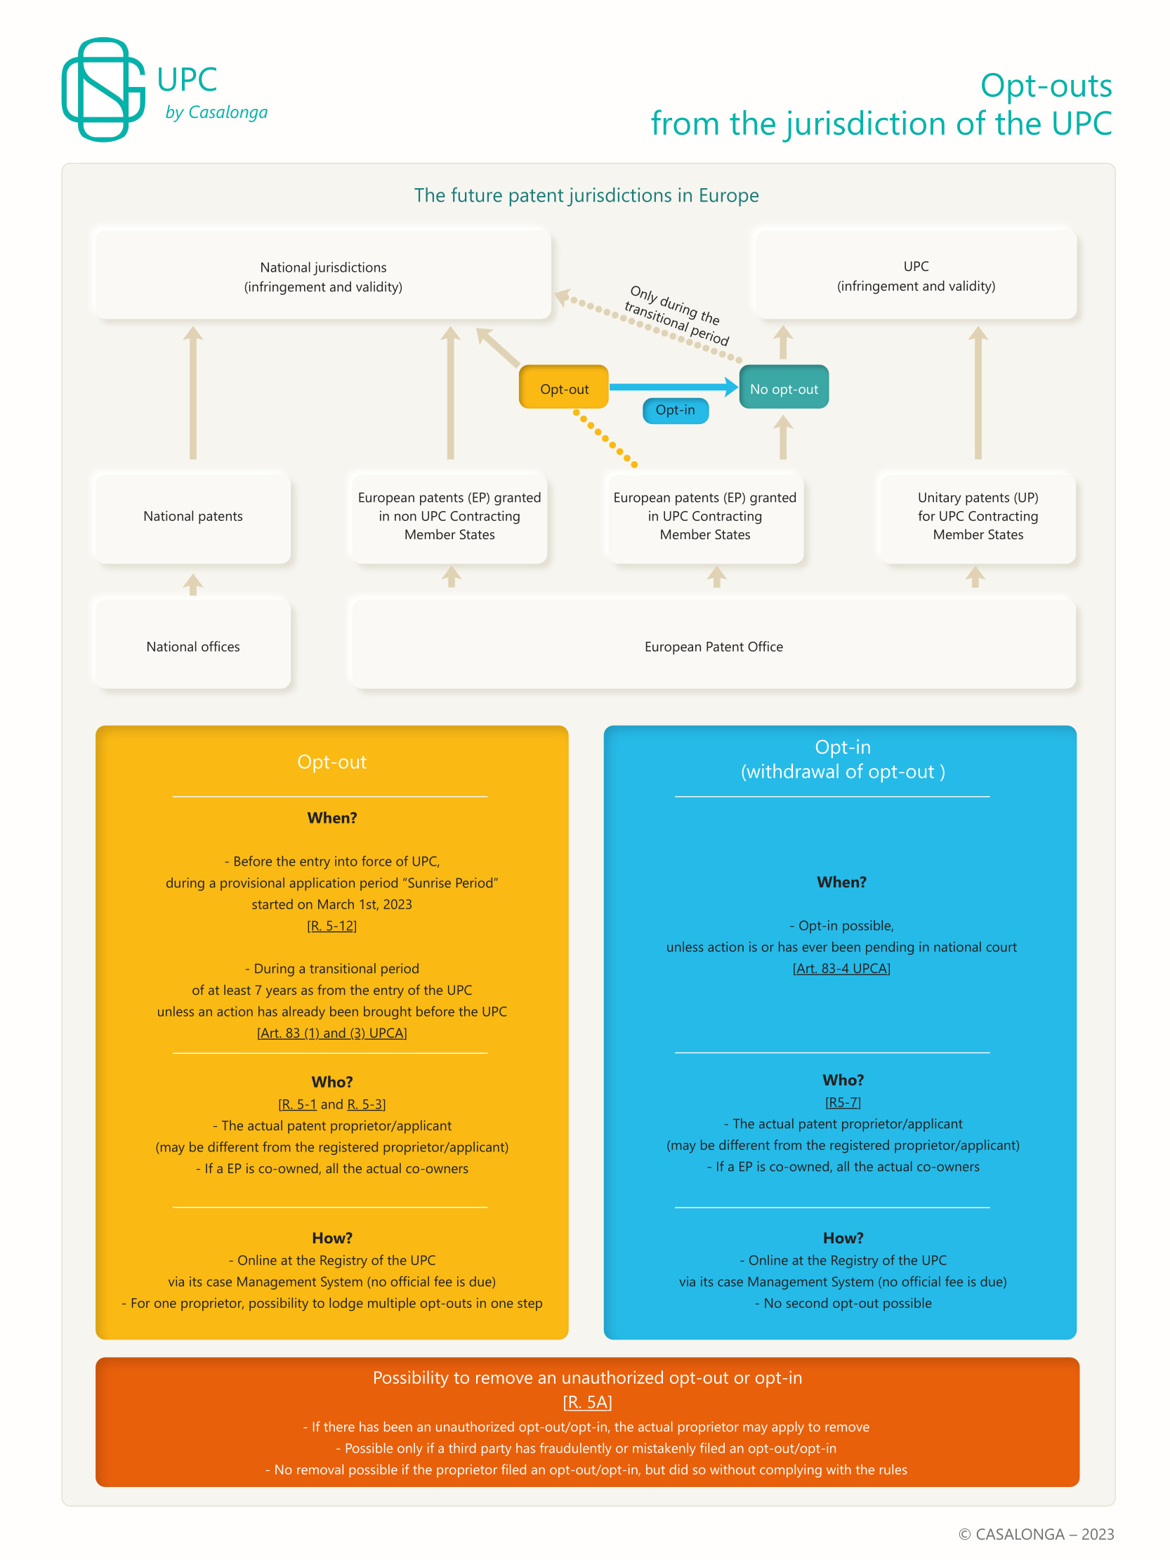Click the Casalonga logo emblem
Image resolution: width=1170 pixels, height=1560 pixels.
(103, 89)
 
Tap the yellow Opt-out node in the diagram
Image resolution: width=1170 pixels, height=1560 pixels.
(563, 387)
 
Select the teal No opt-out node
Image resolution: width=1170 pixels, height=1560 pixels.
(784, 387)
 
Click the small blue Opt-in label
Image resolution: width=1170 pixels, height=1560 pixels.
(675, 411)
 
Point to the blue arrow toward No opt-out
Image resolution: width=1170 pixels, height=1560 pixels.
(673, 386)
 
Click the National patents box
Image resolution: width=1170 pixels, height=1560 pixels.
(192, 516)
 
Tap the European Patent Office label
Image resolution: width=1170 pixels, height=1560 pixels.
(713, 647)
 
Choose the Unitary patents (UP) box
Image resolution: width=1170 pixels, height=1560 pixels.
(978, 516)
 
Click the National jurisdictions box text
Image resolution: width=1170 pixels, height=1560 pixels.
(323, 277)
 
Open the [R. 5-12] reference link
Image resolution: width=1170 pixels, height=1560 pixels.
(331, 926)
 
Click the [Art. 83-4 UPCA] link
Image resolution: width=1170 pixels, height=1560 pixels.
(841, 969)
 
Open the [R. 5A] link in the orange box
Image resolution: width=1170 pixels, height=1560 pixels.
(587, 1402)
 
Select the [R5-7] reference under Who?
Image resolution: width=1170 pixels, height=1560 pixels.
(843, 1102)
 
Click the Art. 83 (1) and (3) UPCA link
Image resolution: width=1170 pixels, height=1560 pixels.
(331, 1033)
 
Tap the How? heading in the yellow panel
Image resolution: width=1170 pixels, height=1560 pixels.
(331, 1238)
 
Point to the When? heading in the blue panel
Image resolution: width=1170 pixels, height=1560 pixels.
(841, 883)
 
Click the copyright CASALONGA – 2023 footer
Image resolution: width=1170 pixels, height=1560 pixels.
(1036, 1534)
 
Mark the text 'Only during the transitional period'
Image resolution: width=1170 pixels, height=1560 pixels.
(676, 315)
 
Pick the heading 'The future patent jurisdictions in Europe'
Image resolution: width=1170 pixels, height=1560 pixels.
(586, 195)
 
